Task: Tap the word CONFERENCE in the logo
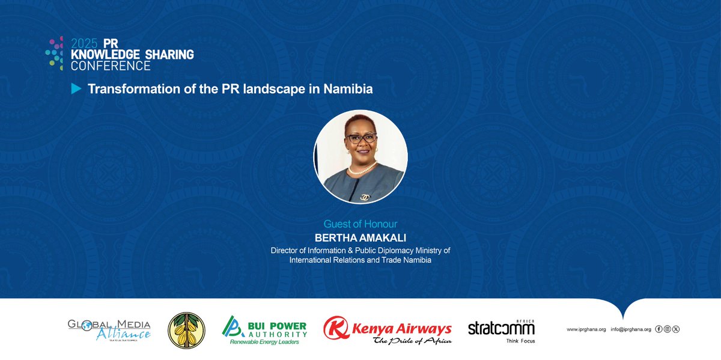(x=111, y=66)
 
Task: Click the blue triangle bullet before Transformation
(x=76, y=89)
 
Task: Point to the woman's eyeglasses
(x=361, y=138)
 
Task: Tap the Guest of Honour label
(x=360, y=224)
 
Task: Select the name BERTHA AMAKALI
(x=360, y=237)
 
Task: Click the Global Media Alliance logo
(x=109, y=329)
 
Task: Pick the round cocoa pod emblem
(x=186, y=330)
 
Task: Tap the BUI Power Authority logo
(x=264, y=329)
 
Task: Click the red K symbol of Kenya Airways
(x=334, y=328)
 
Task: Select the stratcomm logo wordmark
(x=501, y=328)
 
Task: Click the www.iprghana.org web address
(x=586, y=329)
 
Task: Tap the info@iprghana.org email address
(x=630, y=329)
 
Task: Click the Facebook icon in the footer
(x=659, y=329)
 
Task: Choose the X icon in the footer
(x=676, y=329)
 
